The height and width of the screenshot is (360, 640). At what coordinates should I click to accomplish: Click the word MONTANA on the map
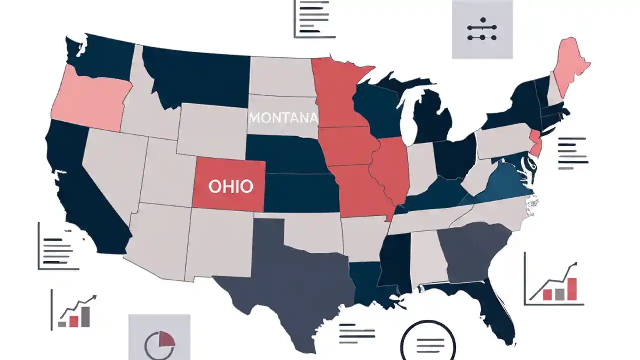click(x=283, y=118)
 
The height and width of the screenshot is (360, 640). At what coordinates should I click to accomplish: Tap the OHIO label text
click(x=230, y=187)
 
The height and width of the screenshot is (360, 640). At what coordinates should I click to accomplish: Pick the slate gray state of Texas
click(x=290, y=280)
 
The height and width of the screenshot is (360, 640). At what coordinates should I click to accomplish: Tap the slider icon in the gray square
click(x=482, y=29)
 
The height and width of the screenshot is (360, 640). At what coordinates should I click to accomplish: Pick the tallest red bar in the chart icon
click(x=572, y=289)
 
